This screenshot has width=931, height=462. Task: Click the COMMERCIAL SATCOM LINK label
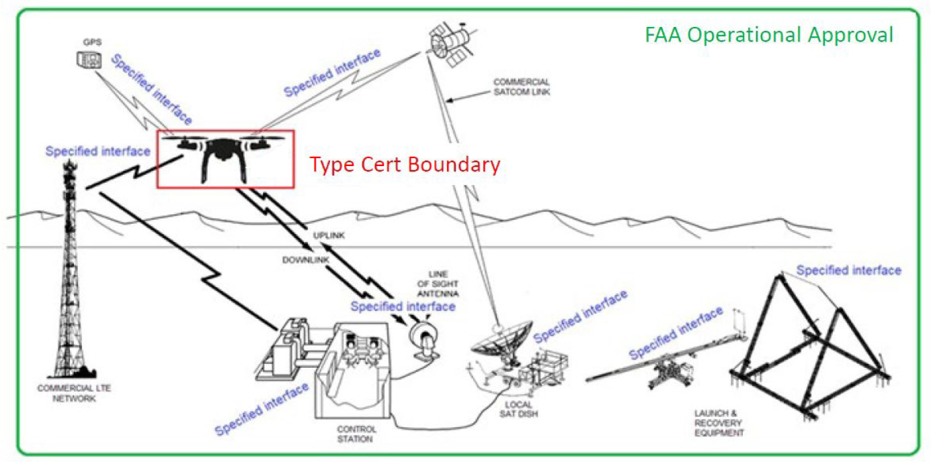pos(522,87)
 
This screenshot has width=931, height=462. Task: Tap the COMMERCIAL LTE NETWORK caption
pos(67,393)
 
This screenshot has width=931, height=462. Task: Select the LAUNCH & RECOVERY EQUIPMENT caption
pos(719,424)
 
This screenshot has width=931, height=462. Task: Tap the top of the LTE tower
pos(70,171)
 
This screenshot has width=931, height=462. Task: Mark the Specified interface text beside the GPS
pos(151,89)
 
